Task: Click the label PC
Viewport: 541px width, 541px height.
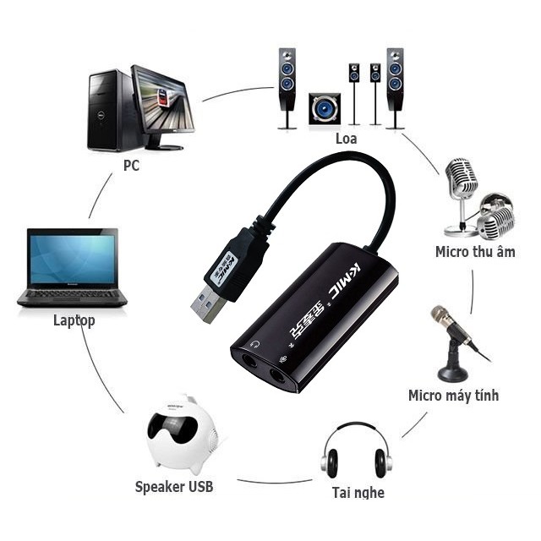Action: [131, 166]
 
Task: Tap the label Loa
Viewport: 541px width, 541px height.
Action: [346, 138]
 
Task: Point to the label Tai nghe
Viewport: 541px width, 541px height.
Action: [357, 492]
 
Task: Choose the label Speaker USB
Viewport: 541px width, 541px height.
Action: [174, 486]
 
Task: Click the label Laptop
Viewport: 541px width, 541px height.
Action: [74, 320]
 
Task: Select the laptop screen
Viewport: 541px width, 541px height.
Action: [72, 259]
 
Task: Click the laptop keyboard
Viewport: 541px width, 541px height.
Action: [72, 296]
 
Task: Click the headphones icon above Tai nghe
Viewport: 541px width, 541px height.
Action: [357, 453]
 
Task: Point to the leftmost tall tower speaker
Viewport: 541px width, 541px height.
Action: [287, 85]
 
